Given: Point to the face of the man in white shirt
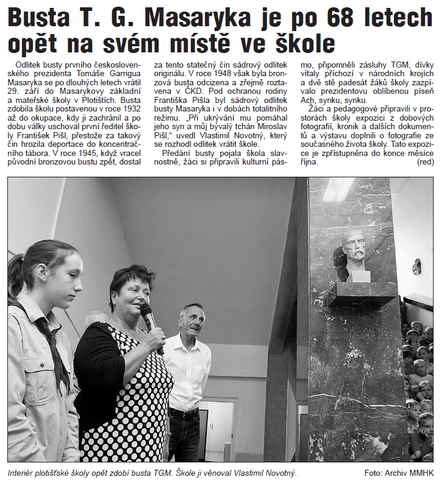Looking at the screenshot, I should pos(192,320).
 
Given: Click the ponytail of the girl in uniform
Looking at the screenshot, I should pos(16,274).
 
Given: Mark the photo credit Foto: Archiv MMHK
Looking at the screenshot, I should pos(398,473).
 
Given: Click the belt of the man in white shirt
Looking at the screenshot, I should pos(184,413).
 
